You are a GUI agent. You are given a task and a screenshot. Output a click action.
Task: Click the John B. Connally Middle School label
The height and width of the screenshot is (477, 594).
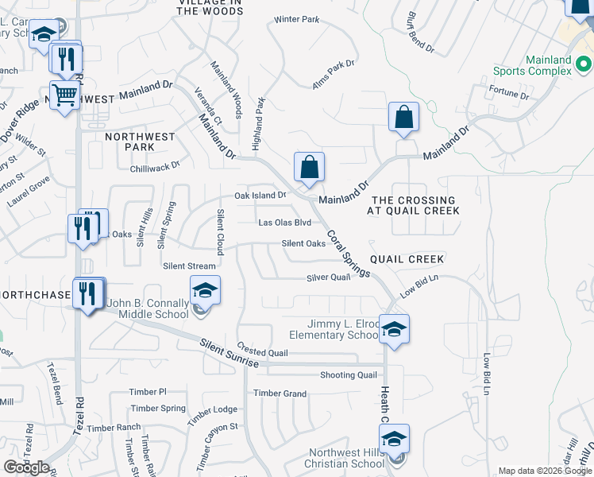tap(148, 308)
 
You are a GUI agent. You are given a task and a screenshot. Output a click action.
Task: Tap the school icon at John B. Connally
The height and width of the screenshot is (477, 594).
tap(205, 291)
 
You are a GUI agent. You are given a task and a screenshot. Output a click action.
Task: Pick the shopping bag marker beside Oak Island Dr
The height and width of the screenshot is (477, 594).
tap(310, 168)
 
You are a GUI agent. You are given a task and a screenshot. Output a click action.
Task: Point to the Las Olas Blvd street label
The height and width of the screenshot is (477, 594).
tap(284, 223)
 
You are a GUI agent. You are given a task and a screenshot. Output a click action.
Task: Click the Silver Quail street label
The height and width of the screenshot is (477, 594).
tap(329, 277)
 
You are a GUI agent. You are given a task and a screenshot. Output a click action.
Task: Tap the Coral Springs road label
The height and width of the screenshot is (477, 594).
tap(348, 254)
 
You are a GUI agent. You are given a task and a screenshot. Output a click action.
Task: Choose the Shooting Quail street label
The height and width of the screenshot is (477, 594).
tap(348, 375)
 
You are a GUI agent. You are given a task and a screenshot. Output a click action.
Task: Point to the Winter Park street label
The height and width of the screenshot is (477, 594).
tap(296, 19)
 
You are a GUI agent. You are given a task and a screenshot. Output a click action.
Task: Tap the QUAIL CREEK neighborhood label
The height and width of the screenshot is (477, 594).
tap(407, 259)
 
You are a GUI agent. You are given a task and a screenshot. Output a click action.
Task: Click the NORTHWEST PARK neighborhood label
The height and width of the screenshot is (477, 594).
tap(140, 142)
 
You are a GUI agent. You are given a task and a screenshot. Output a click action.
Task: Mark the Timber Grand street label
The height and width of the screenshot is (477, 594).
tap(280, 394)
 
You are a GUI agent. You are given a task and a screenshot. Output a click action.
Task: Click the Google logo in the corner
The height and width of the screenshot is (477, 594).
tap(27, 467)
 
